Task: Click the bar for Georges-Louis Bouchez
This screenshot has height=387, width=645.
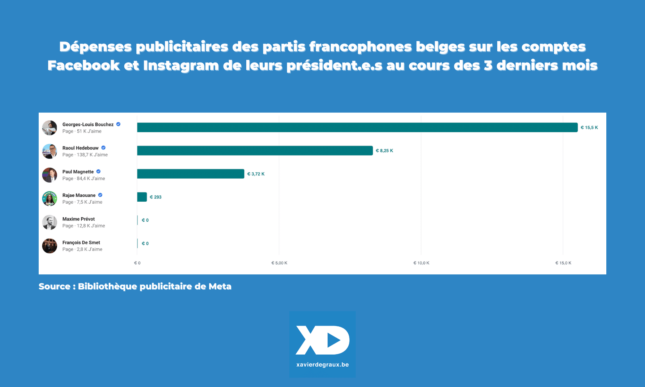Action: click(x=357, y=127)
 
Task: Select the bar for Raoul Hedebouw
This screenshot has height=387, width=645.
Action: click(x=255, y=150)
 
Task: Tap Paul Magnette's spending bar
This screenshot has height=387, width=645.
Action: click(x=190, y=174)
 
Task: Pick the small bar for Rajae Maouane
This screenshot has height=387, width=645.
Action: click(x=142, y=197)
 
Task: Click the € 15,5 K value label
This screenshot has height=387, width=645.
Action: click(x=589, y=127)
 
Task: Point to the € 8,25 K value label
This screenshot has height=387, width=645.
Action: click(x=384, y=150)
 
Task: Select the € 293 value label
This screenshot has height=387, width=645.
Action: click(x=156, y=197)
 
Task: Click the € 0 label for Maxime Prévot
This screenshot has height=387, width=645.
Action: click(x=145, y=220)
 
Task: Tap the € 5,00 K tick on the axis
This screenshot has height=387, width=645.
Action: click(x=279, y=263)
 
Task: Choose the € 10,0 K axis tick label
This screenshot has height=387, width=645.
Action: click(x=421, y=263)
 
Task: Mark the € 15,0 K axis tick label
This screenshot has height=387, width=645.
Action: click(x=563, y=263)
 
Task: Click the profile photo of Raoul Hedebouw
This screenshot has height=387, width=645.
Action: click(x=50, y=151)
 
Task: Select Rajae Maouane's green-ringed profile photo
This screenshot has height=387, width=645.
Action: click(x=50, y=199)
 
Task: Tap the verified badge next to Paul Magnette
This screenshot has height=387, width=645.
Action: click(x=99, y=172)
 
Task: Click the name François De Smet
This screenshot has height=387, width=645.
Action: click(x=81, y=243)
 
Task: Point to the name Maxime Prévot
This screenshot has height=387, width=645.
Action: click(x=79, y=219)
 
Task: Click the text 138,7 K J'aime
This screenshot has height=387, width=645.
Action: click(x=92, y=155)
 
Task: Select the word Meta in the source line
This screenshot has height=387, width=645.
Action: click(x=220, y=287)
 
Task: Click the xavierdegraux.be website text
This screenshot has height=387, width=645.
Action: click(x=322, y=365)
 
